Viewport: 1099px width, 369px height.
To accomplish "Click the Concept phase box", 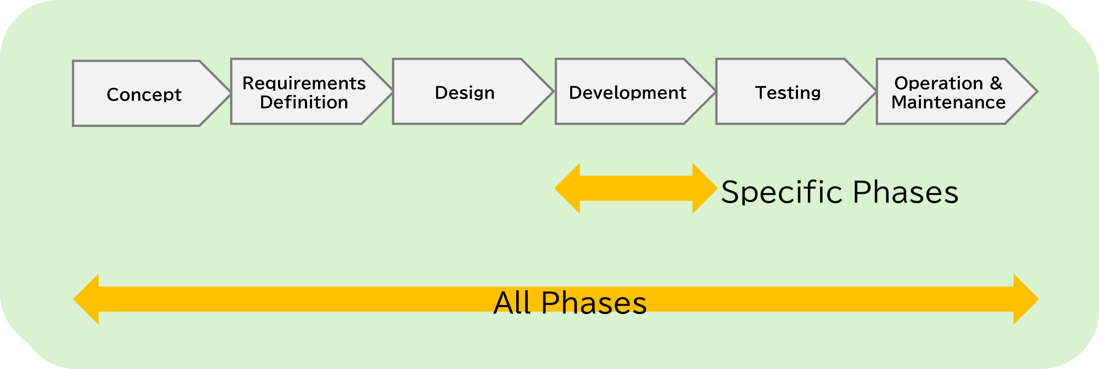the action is coord(145,93).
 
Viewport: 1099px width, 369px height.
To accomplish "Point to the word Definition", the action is coord(304,102).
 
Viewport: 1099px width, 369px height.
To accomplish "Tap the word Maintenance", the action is coord(948,102).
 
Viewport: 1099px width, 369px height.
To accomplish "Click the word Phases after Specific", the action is coord(906,193).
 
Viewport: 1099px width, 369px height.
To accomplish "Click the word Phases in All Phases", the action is coord(594,303).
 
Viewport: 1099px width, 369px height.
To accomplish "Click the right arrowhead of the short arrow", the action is coord(705,188).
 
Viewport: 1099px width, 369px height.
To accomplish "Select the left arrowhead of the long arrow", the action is coord(86,299).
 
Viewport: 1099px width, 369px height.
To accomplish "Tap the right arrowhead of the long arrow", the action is coord(1026,299).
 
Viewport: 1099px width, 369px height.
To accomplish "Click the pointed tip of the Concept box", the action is coord(231,93).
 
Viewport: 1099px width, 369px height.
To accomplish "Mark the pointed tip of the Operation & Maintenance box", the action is coord(1038,92).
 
